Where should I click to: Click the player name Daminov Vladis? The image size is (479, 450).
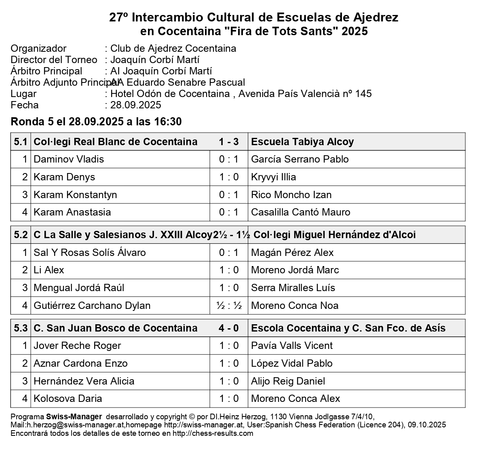pos(69,159)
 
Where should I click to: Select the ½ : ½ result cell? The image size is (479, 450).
pos(229,306)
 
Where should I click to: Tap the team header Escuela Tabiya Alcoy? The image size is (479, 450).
pos(302,142)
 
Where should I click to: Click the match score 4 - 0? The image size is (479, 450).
pos(229,328)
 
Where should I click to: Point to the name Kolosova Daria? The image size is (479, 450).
pos(68,399)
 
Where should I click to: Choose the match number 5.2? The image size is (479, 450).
pos(21,235)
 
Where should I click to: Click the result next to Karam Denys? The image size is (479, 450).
pos(229,177)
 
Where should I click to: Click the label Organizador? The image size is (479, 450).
pos(38,49)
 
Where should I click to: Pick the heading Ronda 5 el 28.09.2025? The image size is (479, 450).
pos(96,122)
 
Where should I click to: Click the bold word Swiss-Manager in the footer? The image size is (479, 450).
pos(74,416)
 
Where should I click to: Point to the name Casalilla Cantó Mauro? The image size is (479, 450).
pos(301,212)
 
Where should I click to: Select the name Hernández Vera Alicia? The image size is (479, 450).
pos(84,381)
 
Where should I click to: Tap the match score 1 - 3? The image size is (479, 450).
pos(229,142)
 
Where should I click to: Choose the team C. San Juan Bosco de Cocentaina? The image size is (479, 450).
pos(116,328)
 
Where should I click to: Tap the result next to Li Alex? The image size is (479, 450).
pos(229,270)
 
